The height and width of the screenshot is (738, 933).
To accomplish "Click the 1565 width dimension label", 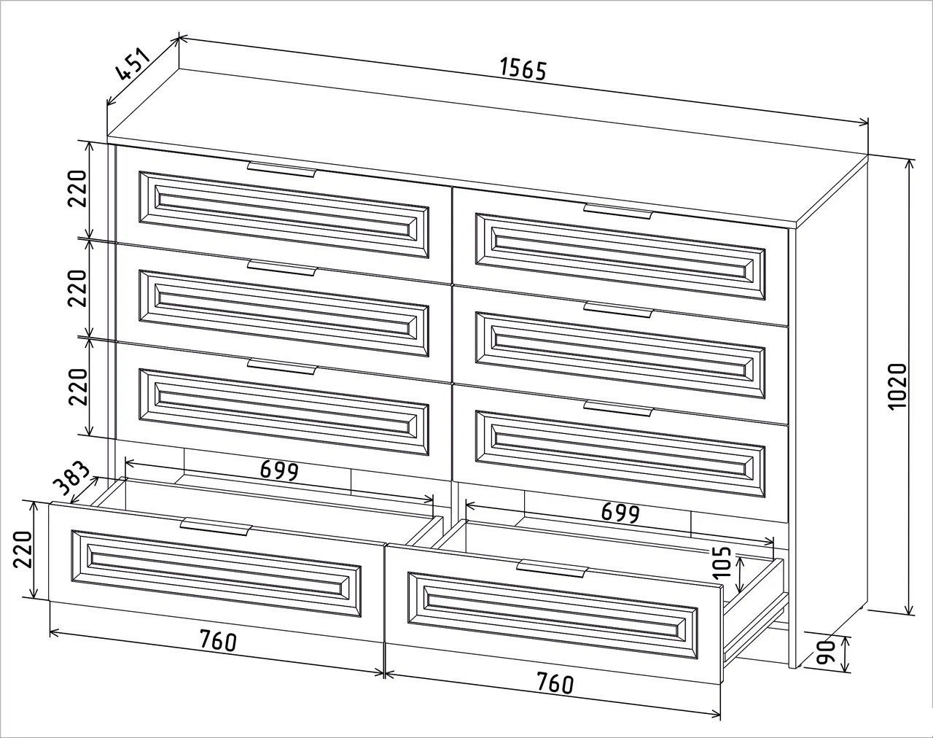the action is [523, 69].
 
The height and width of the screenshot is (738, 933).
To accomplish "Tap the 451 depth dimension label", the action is [134, 66].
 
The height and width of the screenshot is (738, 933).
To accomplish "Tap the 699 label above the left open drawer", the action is [279, 470].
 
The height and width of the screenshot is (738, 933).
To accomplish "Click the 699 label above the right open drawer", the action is [620, 513].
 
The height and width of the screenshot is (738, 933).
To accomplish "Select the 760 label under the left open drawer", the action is [218, 640].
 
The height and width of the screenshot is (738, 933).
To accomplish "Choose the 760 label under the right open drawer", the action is [555, 683].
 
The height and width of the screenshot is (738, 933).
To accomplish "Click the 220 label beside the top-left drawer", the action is [78, 189].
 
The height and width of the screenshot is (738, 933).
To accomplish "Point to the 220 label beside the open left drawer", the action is [23, 549].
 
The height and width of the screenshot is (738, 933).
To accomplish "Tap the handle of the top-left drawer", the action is [282, 169].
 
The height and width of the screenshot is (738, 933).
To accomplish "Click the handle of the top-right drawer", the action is [618, 211].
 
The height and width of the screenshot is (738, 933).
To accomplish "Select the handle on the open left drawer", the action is [216, 526].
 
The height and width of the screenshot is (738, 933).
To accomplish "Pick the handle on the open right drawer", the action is [553, 569].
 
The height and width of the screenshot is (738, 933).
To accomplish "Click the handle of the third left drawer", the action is [282, 366].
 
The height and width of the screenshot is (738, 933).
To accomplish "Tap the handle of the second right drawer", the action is [618, 310].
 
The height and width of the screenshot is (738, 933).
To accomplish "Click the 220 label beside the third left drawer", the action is [78, 387].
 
